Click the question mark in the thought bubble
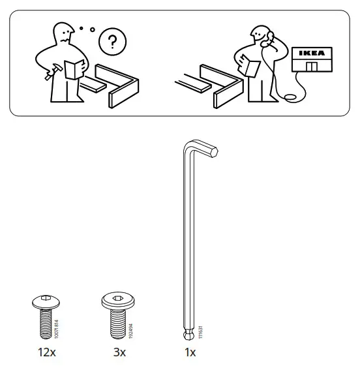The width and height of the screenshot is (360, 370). click(x=113, y=43)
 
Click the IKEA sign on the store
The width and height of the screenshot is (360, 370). click(x=310, y=52)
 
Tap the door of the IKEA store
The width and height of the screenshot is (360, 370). click(x=312, y=66)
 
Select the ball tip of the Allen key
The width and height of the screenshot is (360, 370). click(x=185, y=335)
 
